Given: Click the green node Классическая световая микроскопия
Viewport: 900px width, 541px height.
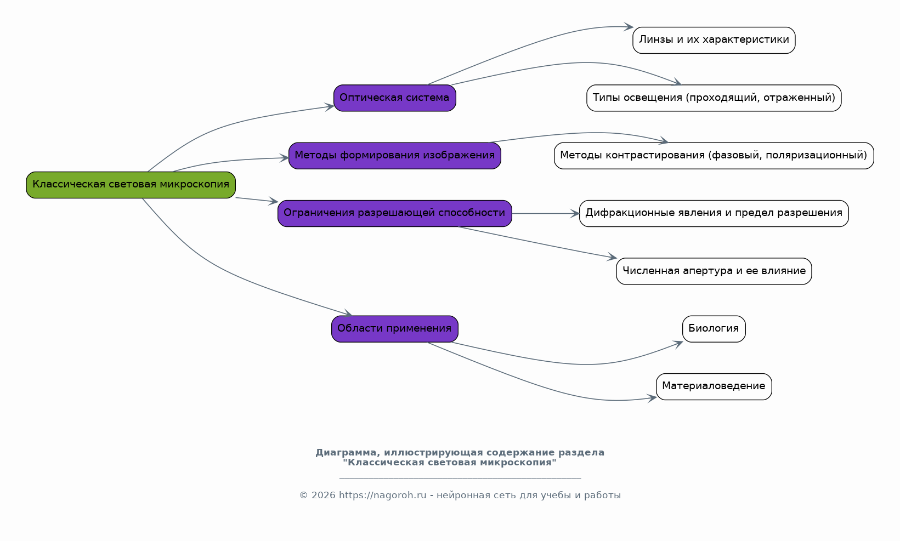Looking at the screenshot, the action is pos(131,185).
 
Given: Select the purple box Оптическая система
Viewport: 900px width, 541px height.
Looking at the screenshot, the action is pos(394,98).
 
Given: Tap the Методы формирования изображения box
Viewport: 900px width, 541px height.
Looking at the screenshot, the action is pos(394,156).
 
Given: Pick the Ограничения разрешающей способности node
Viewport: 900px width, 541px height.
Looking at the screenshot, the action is pos(394,213).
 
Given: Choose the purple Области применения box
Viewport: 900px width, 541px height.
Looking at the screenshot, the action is pos(394,329).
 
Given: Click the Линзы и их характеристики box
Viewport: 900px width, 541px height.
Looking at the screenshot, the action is pos(714,40).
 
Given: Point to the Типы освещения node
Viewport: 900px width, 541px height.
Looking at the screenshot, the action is pos(714,98).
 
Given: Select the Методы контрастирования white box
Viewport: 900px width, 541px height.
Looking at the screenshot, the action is pos(714,156).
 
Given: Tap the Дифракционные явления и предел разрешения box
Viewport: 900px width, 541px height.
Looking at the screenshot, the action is pos(714,213).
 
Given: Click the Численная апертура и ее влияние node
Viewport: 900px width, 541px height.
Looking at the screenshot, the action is pos(714,271).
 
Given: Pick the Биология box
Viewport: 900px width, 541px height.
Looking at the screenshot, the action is pos(714,329).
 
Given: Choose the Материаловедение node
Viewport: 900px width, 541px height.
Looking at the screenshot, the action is pos(714,387).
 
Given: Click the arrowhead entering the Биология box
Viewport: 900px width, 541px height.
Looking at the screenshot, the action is pos(678,344).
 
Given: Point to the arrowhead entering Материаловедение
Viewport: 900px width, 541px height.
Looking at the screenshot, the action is pos(652,398).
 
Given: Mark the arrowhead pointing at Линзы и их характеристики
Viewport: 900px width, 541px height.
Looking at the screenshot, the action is pos(629,27).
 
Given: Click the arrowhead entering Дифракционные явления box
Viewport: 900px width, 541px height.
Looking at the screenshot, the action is pos(575,214).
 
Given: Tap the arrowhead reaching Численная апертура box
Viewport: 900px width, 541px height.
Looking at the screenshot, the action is pos(612,257).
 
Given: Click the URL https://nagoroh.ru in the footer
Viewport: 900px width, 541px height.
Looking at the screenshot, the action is pos(382,495).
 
